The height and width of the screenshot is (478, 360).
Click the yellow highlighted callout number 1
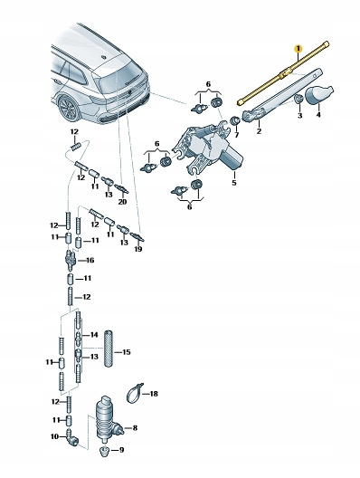298,49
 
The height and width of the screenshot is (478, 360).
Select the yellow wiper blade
283,73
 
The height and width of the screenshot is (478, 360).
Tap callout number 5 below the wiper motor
234,183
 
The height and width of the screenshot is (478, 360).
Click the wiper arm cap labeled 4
319,94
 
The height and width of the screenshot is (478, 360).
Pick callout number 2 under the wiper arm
259,131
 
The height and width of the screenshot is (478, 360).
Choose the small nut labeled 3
299,99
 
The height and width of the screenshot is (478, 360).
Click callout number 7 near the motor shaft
237,135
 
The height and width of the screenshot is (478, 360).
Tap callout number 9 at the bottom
121,450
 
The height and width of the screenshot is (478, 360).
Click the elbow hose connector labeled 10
72,437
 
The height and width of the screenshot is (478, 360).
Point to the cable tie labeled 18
134,393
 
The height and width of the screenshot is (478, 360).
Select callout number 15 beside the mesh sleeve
126,352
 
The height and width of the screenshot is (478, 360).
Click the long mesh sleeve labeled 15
109,349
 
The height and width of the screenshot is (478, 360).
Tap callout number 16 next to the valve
90,260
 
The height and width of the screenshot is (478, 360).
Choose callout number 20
122,202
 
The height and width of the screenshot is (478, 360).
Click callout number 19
138,249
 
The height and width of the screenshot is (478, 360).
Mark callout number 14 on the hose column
94,335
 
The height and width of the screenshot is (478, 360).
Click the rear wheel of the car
70,108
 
